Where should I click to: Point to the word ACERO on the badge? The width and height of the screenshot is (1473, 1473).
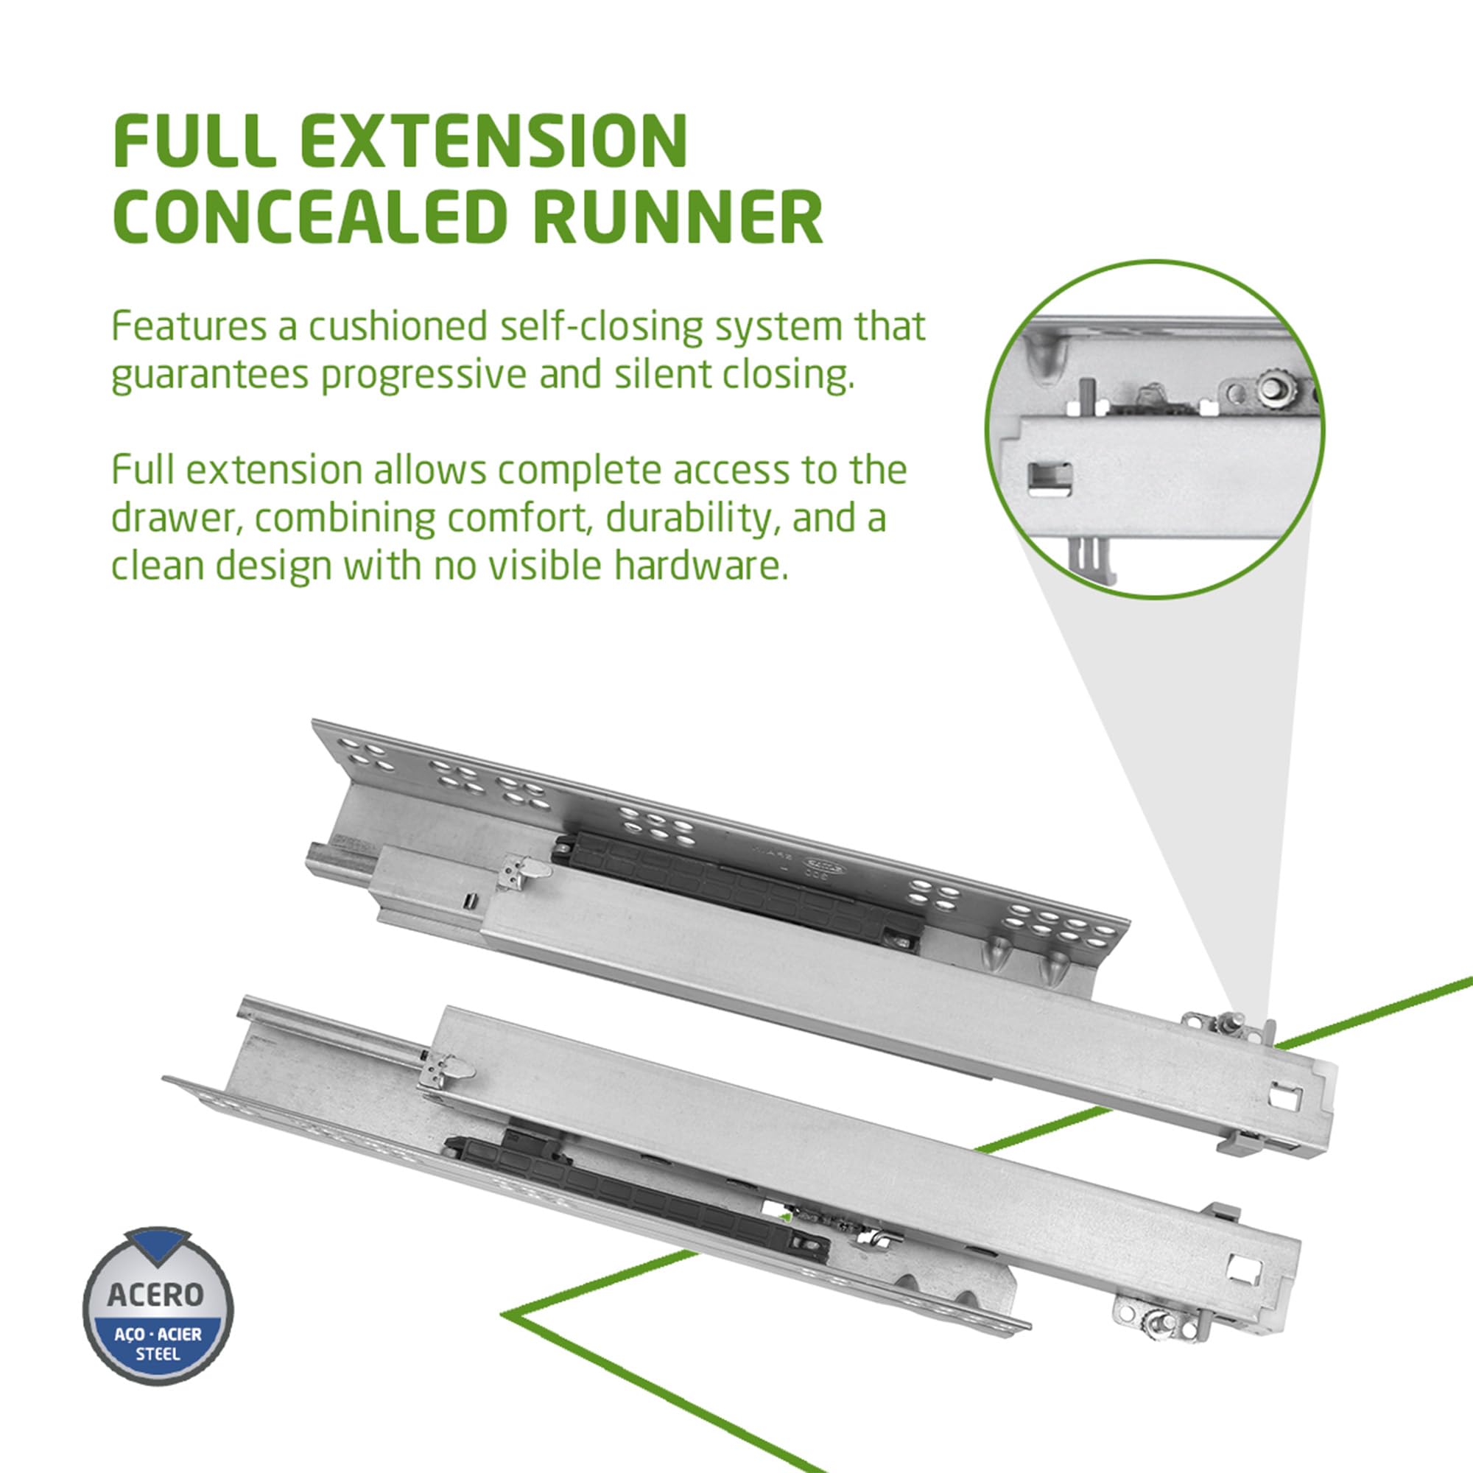(156, 1294)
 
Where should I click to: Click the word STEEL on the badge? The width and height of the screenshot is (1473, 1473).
(158, 1354)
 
